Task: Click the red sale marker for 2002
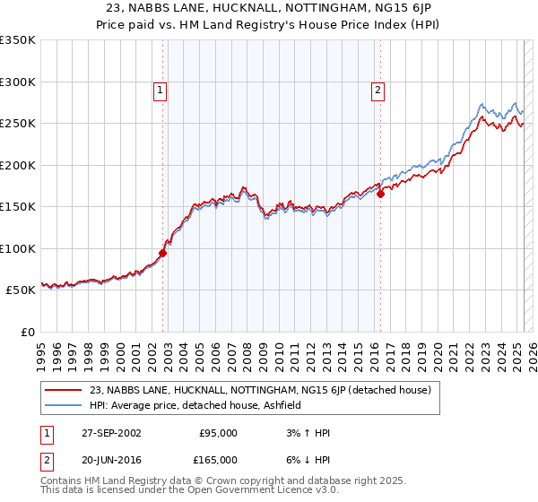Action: (163, 253)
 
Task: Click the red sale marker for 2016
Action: (380, 193)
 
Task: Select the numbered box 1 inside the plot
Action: (159, 89)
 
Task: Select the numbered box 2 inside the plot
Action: (377, 89)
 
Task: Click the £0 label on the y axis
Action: (27, 332)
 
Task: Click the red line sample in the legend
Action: (64, 390)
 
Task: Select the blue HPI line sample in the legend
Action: (64, 405)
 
